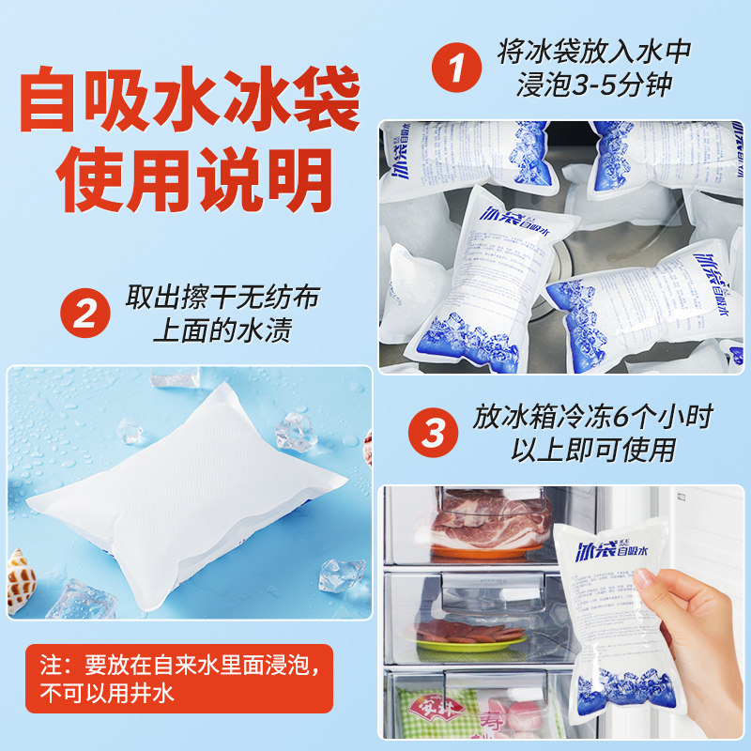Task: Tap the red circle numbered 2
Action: [85, 313]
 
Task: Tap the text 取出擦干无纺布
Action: [222, 298]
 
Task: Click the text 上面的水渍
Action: [222, 331]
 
